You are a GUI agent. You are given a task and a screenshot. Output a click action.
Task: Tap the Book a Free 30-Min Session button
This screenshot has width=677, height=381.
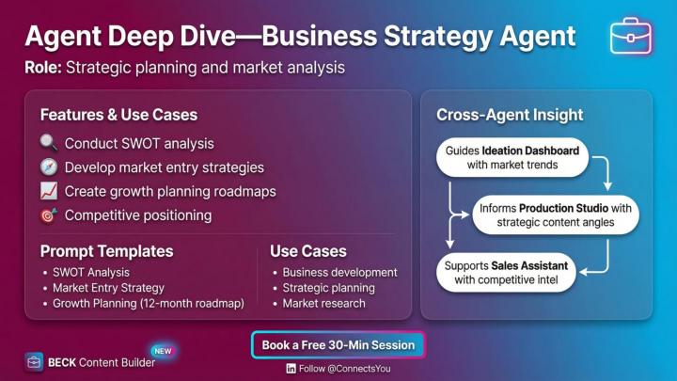pyautogui.click(x=338, y=345)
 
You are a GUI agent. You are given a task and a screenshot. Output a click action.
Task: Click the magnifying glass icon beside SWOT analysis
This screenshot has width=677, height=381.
pyautogui.click(x=49, y=144)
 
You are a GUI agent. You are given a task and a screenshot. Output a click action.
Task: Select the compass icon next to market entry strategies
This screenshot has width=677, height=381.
pyautogui.click(x=49, y=167)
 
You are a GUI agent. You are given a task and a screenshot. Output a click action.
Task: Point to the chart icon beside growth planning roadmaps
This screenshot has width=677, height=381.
pyautogui.click(x=49, y=192)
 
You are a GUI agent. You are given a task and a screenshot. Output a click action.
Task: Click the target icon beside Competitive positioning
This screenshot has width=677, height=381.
pyautogui.click(x=49, y=215)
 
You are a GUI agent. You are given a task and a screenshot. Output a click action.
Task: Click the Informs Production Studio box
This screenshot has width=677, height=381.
pyautogui.click(x=555, y=214)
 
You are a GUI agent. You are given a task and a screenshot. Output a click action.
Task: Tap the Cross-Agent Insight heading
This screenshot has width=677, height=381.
pyautogui.click(x=510, y=115)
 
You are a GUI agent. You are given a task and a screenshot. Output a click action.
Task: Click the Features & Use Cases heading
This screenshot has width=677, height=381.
pyautogui.click(x=118, y=115)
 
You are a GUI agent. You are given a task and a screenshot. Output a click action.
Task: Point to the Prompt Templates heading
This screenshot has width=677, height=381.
pyautogui.click(x=106, y=251)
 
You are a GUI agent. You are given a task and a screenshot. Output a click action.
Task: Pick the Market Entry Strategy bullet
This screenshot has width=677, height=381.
pyautogui.click(x=108, y=288)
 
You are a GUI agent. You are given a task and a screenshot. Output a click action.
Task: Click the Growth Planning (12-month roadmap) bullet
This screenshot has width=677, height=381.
pyautogui.click(x=148, y=304)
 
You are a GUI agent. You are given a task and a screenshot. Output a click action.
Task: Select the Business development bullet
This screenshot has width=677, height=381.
pyautogui.click(x=339, y=272)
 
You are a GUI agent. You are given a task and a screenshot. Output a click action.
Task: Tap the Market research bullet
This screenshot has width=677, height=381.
pyautogui.click(x=323, y=304)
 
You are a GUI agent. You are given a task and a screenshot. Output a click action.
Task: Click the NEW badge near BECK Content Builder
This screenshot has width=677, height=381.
pyautogui.click(x=162, y=351)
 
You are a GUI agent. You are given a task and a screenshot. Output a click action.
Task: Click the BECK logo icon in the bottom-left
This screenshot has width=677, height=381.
pyautogui.click(x=34, y=362)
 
